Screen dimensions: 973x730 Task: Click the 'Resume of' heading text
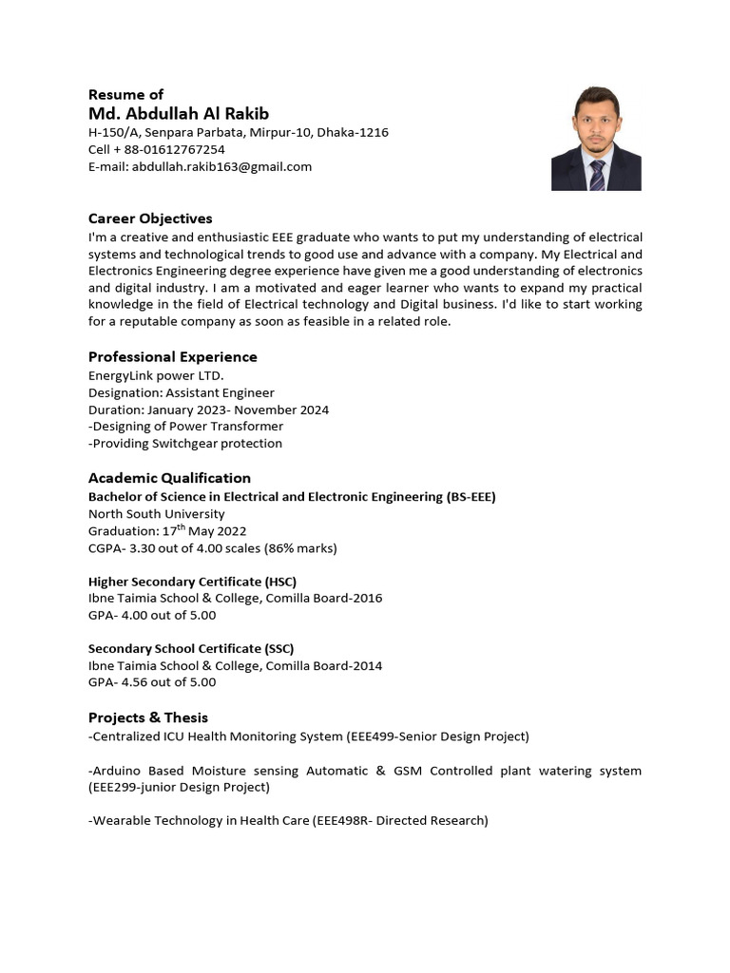pos(125,94)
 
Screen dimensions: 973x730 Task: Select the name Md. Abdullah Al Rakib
pos(179,114)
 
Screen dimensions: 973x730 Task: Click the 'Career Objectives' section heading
pos(150,219)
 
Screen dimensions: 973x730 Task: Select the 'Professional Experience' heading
pos(172,356)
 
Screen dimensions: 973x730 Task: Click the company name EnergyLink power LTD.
pos(156,375)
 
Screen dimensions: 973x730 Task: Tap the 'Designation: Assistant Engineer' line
pos(181,392)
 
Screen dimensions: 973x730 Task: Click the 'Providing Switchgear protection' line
pos(186,443)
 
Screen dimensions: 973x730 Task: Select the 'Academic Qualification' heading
pos(169,477)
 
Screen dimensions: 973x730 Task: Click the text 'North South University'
pos(156,513)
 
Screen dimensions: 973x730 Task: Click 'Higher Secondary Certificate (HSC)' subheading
pos(199,581)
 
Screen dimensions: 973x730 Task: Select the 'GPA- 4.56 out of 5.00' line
pos(152,681)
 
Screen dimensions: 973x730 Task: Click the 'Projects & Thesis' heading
pos(147,716)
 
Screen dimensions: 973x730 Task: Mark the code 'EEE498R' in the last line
pos(344,820)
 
